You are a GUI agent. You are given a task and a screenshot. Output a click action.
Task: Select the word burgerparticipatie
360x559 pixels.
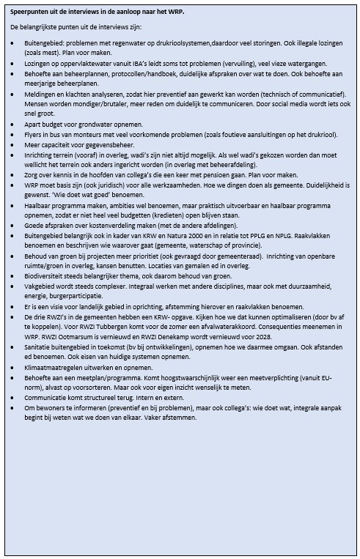click(81, 314)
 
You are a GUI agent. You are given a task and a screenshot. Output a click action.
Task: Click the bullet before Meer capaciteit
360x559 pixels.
click(15, 145)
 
